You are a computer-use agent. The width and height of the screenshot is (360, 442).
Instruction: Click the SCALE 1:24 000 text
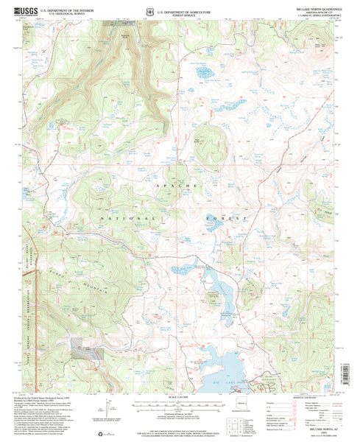pos(179,399)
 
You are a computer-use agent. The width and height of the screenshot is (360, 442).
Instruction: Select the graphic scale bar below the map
pos(179,404)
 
